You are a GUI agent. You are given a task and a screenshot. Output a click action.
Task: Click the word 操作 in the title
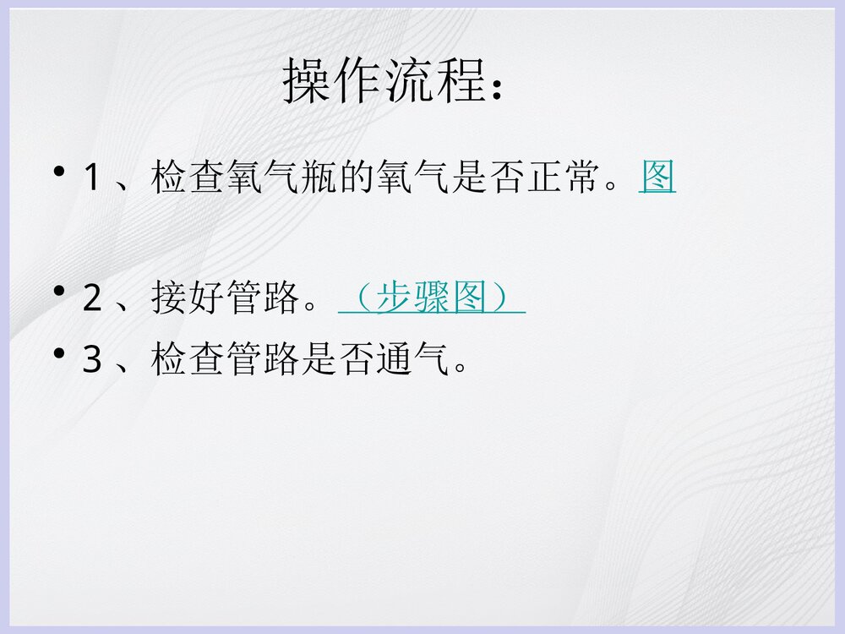334,82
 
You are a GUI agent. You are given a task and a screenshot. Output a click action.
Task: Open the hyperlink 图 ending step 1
657,178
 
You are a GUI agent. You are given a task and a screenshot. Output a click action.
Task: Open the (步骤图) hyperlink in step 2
432,298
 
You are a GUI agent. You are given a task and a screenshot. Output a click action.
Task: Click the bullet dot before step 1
58,172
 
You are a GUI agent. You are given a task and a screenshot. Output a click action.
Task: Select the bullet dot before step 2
58,292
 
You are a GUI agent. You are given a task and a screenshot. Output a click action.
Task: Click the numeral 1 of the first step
92,178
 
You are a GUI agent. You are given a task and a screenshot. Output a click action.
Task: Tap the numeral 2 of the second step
92,299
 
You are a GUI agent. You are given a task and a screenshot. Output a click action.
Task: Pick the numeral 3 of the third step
92,361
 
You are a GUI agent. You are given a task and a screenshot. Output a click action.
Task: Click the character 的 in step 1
356,178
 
